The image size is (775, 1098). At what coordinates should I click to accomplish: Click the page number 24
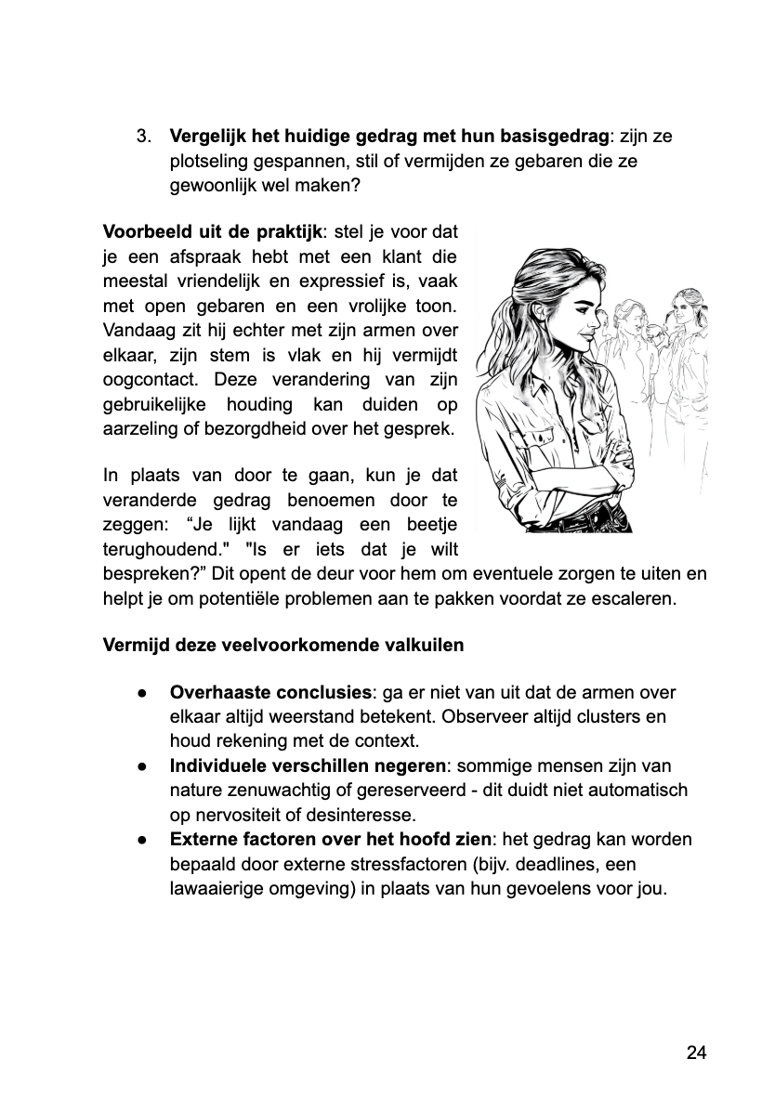(x=697, y=1052)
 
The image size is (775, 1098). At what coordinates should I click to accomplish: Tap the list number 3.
(x=143, y=137)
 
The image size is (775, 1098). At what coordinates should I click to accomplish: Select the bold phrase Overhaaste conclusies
(x=269, y=693)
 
